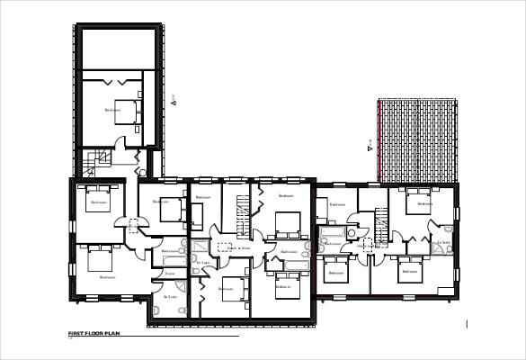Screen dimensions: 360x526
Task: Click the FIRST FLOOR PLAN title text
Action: click(94, 334)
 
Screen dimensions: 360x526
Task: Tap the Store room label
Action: click(170, 273)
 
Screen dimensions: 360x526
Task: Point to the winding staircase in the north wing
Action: click(95, 162)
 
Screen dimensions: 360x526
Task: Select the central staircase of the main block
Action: click(241, 216)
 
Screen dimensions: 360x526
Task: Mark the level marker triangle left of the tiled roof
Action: click(369, 144)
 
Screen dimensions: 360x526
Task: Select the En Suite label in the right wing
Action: click(442, 242)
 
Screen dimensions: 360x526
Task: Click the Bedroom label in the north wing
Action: click(111, 110)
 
